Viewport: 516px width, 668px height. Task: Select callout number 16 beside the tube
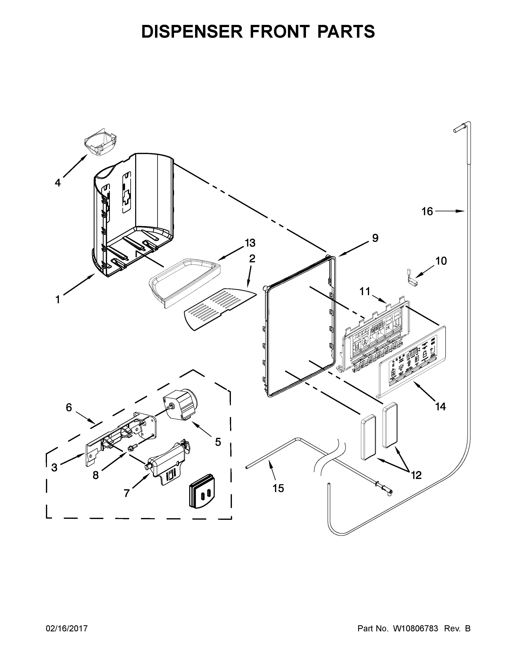pos(427,211)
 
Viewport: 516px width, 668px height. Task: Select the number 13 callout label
pos(250,243)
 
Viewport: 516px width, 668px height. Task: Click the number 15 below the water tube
pos(278,488)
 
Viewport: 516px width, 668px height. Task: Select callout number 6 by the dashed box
pos(69,407)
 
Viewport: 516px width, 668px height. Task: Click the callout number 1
pos(57,299)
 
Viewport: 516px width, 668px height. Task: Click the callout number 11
pos(365,291)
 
